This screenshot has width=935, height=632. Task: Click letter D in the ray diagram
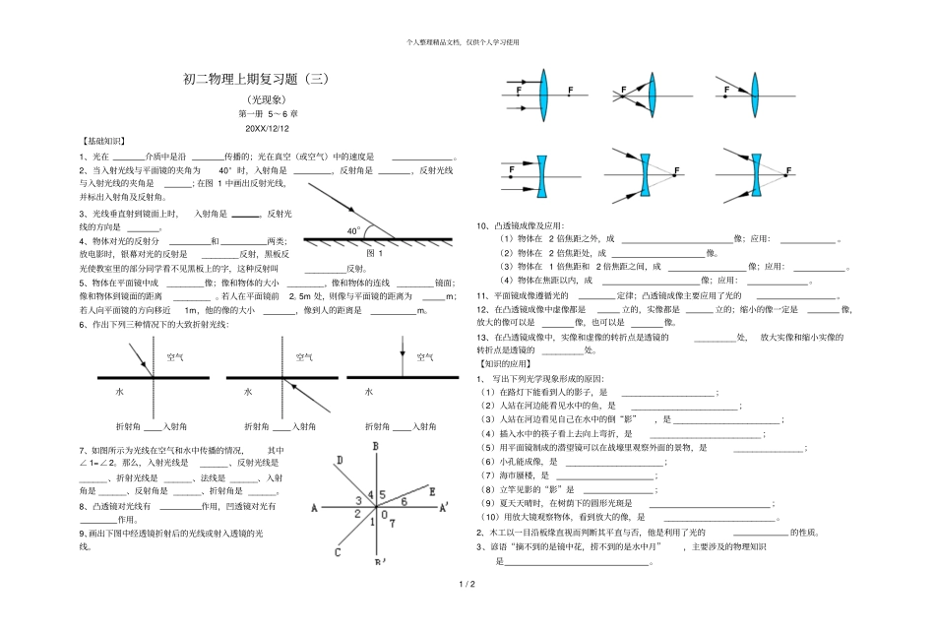coord(340,461)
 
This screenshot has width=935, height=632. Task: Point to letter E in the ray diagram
coord(431,489)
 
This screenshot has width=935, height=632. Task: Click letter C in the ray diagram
coord(337,552)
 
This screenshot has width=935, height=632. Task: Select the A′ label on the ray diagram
coord(444,508)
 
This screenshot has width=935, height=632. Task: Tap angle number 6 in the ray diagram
coord(404,501)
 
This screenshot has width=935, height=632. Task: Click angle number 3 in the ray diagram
coord(358,500)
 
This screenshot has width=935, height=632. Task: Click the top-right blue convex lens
coord(753,95)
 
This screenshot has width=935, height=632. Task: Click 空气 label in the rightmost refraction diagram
coord(425,357)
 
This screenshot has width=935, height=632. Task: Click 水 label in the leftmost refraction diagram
coord(119,391)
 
